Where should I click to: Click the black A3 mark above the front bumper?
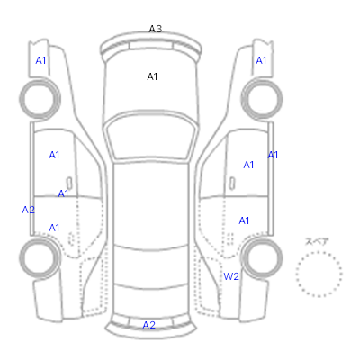tap(156, 29)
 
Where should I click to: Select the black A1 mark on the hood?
tap(152, 76)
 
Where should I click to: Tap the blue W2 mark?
tap(231, 276)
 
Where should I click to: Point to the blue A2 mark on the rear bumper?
tap(149, 325)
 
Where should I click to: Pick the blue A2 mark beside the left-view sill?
tap(29, 210)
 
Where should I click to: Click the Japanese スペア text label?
tap(317, 241)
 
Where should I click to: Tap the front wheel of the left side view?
tap(40, 99)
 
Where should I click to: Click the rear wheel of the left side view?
tap(40, 258)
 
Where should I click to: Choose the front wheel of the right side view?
tap(262, 99)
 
